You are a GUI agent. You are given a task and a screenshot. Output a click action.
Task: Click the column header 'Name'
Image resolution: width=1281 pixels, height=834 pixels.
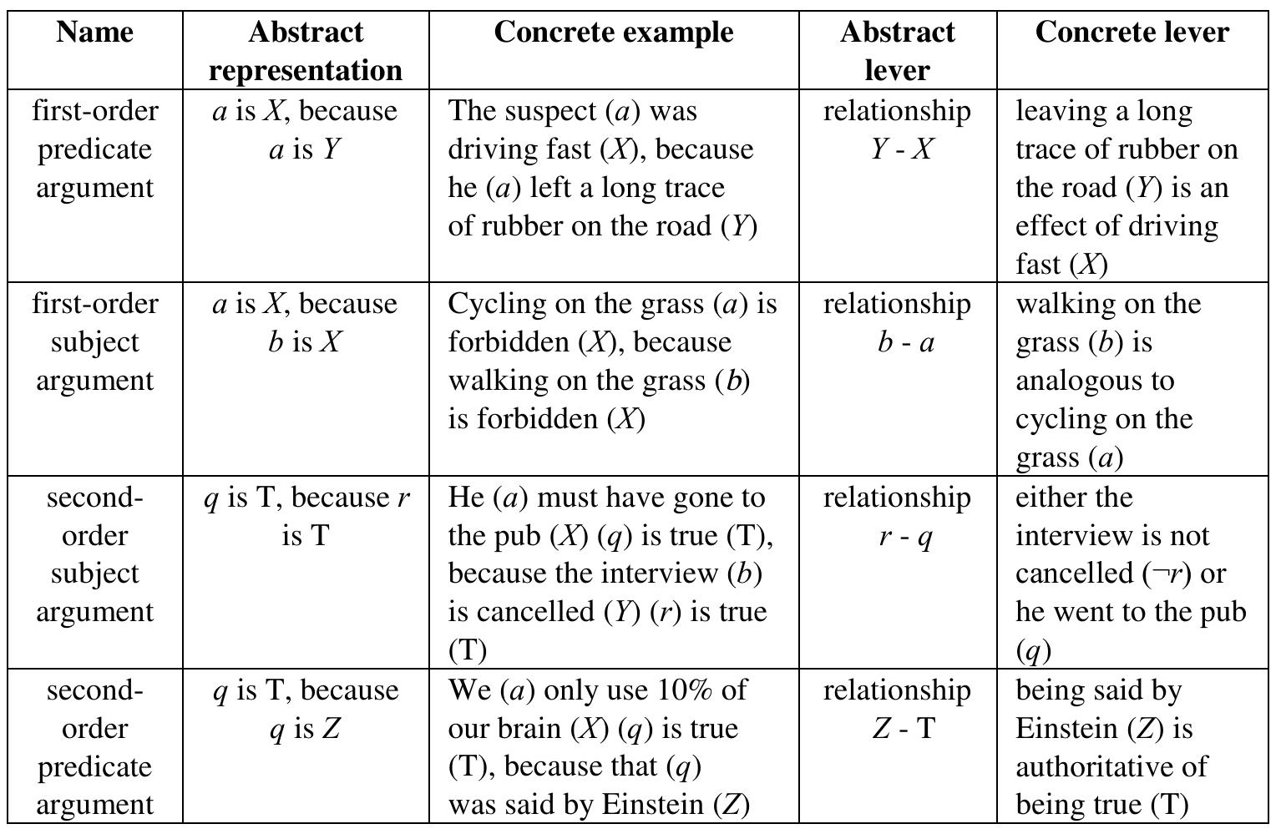click(x=95, y=32)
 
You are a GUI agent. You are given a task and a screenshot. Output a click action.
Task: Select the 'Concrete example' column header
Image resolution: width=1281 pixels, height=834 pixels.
click(x=614, y=32)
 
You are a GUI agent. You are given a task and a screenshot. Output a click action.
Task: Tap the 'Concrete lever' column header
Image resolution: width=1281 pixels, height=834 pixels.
click(x=1132, y=32)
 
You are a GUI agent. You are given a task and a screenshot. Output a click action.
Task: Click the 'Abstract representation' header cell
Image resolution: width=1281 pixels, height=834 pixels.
click(x=306, y=51)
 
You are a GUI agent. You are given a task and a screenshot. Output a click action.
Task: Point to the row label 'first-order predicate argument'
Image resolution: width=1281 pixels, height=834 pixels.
click(x=95, y=149)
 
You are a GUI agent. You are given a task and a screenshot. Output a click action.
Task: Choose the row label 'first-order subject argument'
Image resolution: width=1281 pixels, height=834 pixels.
click(x=95, y=341)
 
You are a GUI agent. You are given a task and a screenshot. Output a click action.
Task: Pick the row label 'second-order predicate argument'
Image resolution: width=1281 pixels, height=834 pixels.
click(x=95, y=746)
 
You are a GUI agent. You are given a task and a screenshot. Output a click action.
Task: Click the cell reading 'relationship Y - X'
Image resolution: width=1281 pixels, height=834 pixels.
click(x=897, y=129)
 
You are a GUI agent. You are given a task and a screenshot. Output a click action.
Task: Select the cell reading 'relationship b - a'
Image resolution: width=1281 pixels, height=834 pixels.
click(x=897, y=323)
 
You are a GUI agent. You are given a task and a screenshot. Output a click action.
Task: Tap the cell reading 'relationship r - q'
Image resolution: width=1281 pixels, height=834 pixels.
click(x=897, y=516)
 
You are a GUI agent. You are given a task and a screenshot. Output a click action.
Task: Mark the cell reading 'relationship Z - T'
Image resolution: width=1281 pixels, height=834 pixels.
click(x=897, y=709)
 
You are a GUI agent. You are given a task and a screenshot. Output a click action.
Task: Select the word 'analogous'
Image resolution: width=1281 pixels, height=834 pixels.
click(x=1095, y=382)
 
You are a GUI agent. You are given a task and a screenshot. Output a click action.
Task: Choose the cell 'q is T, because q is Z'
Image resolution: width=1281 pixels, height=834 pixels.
click(x=306, y=709)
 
